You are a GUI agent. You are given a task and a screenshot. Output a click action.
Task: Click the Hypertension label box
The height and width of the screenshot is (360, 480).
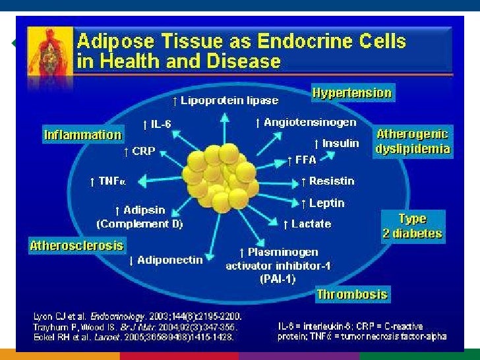pyautogui.click(x=352, y=93)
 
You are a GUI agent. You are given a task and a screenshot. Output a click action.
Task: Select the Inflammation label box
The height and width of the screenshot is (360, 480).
pyautogui.click(x=83, y=135)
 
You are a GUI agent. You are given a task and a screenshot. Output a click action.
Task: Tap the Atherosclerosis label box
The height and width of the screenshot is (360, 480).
pyautogui.click(x=76, y=246)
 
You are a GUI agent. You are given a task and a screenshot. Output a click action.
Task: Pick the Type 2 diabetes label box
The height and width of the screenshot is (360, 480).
pyautogui.click(x=412, y=226)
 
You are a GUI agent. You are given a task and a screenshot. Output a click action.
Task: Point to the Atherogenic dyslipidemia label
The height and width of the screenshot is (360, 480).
pyautogui.click(x=413, y=142)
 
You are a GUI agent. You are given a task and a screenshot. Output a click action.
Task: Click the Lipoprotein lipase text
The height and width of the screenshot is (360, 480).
pyautogui.click(x=225, y=101)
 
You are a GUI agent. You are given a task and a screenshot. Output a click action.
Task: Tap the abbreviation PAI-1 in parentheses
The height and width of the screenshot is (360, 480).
pyautogui.click(x=278, y=279)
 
